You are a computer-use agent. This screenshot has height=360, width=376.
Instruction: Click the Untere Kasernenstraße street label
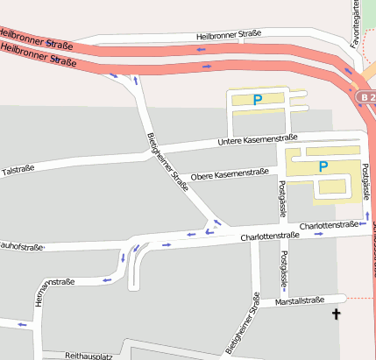[258, 139]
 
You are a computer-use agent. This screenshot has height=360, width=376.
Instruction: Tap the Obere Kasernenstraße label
[229, 173]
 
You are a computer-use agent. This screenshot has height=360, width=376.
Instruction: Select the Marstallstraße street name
[300, 301]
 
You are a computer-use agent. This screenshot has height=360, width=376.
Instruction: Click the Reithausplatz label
[89, 356]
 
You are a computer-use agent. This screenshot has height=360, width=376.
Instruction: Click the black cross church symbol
[336, 314]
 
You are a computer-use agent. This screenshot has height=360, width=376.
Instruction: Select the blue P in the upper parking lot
[257, 101]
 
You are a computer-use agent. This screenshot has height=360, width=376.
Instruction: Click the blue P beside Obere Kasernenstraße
[323, 166]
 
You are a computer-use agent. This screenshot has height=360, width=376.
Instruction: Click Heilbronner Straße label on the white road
[229, 35]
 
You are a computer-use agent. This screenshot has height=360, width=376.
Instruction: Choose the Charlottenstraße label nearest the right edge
[329, 226]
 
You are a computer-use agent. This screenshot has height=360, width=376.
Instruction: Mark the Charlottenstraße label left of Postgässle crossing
[265, 236]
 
